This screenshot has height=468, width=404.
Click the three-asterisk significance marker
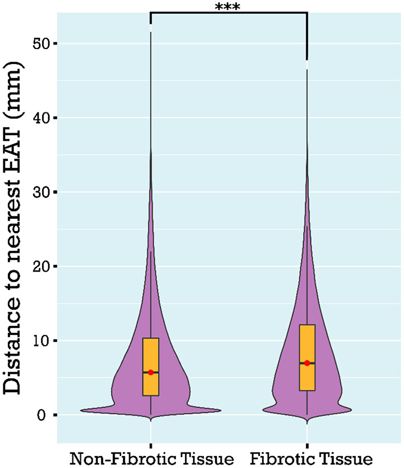tap(228, 7)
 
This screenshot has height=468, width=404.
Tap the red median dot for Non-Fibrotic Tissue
tap(151, 372)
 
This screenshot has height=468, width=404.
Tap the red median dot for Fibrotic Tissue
tap(307, 363)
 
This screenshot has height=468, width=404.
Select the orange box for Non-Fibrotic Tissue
tap(151, 354)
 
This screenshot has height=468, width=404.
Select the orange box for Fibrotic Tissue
tap(307, 342)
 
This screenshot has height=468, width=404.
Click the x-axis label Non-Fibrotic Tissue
tap(152, 458)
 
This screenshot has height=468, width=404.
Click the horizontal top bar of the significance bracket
tap(228, 12)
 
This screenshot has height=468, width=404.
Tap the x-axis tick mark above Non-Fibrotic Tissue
tap(151, 445)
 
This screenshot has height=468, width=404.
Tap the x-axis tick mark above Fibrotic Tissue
tap(307, 445)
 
